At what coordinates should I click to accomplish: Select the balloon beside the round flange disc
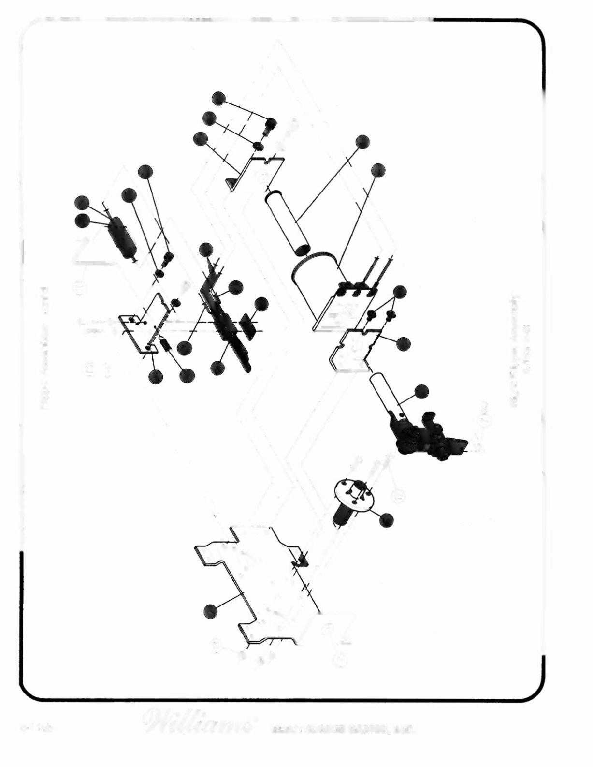coord(387,520)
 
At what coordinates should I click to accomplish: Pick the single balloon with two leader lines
coord(400,292)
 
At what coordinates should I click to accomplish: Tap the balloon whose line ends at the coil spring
coord(186,376)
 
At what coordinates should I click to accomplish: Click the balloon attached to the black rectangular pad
coord(261,304)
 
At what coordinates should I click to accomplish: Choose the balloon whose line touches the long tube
coord(362,142)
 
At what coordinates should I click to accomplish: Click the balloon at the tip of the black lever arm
coord(206,249)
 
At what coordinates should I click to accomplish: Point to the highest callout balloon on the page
coord(218,99)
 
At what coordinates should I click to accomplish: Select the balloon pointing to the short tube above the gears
coord(421,391)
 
